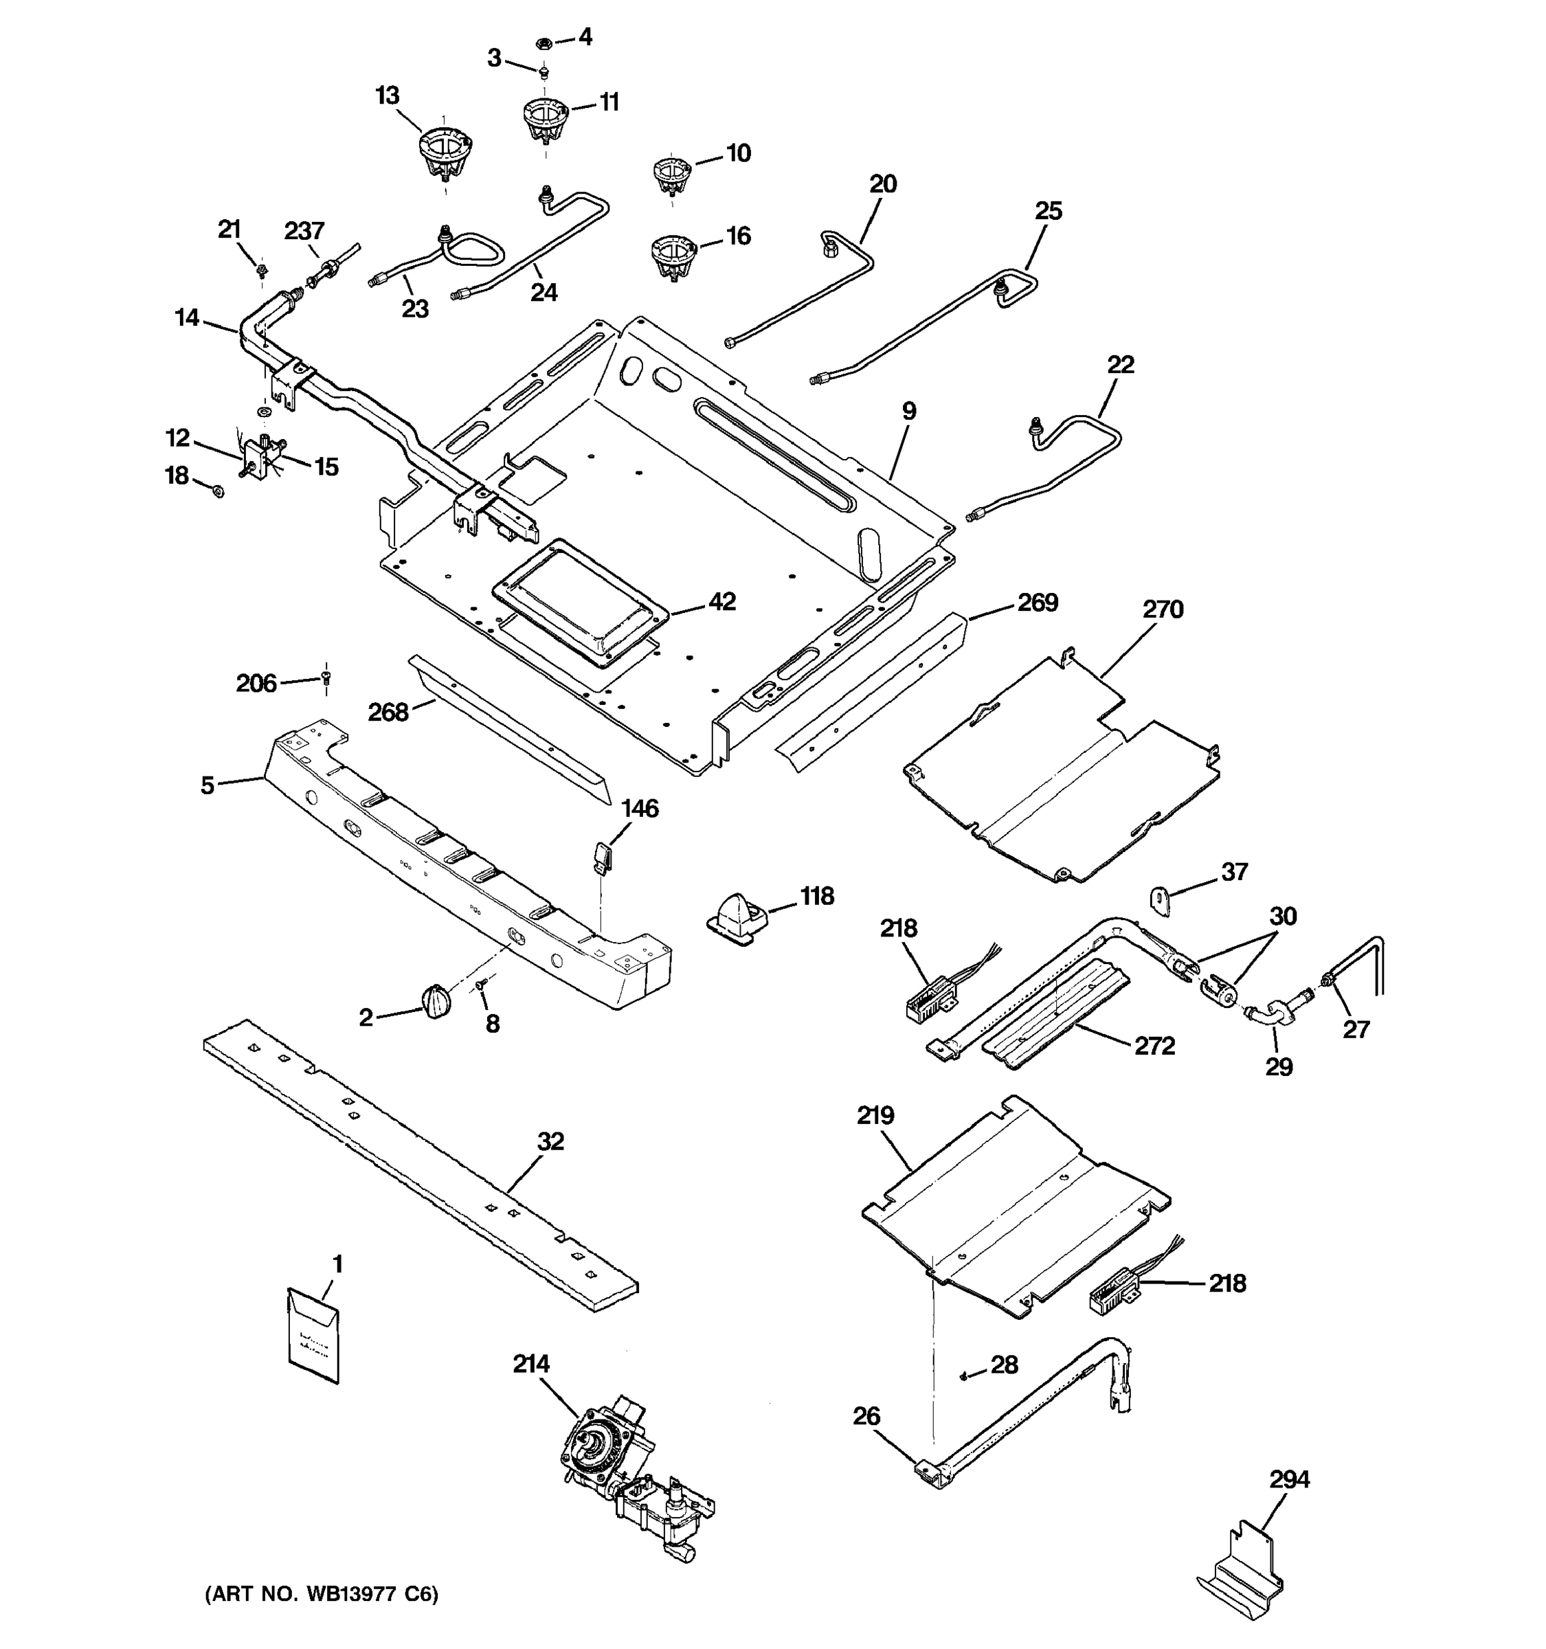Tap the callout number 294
point(1289,1479)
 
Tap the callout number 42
point(721,601)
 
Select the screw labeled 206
point(326,679)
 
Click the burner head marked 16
point(672,256)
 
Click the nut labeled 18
point(218,492)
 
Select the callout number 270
point(1162,609)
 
